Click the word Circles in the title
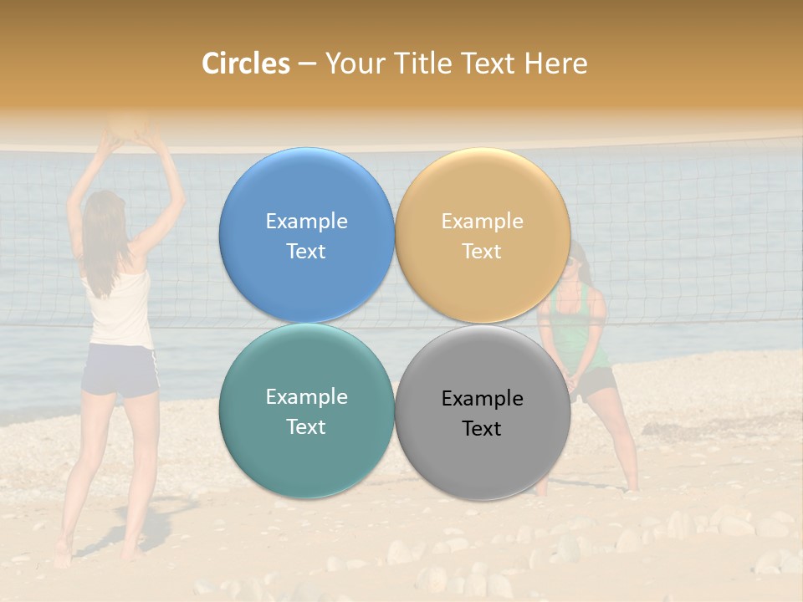coord(246,64)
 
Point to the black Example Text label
coord(482,413)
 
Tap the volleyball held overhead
coord(130,124)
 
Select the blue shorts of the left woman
coord(122,370)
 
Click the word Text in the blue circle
coord(306,251)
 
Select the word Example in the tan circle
coord(482,222)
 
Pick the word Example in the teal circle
coord(306,397)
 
